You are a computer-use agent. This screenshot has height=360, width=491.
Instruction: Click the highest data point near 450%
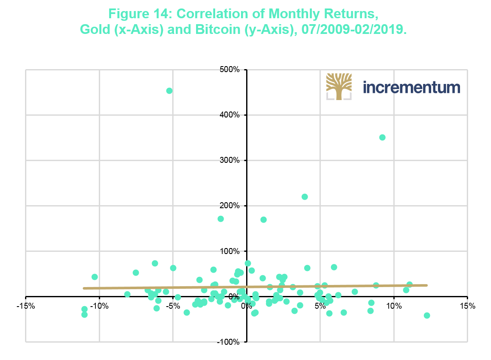(169, 91)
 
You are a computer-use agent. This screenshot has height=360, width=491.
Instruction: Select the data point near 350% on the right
(382, 137)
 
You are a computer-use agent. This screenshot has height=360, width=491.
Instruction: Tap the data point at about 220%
(305, 197)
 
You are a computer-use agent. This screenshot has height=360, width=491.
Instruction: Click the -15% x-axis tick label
(25, 306)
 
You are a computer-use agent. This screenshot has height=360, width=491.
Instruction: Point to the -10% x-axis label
(99, 306)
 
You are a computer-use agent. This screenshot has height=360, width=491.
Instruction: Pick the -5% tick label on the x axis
(173, 306)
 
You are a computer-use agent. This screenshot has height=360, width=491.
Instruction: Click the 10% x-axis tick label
(394, 306)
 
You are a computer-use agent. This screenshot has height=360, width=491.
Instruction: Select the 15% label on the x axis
(467, 306)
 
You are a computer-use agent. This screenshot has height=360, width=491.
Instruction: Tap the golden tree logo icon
(339, 87)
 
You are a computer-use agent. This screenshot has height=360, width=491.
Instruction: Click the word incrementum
(412, 87)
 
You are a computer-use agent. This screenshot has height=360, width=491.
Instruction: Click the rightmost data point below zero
(427, 315)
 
